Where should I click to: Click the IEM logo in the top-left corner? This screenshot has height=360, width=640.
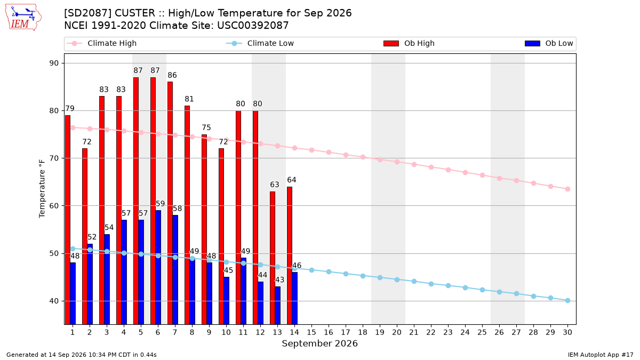coord(23,18)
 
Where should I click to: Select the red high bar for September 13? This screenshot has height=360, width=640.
coord(273,258)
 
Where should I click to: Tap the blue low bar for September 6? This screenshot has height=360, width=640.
coord(158,267)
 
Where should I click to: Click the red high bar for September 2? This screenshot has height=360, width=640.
coord(85,236)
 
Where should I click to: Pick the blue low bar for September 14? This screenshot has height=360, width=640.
coord(294,298)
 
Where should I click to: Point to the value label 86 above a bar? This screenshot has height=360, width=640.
coord(172,75)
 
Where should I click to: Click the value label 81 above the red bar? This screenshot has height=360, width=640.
coord(189,99)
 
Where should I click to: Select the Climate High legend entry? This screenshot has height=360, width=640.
coord(102,43)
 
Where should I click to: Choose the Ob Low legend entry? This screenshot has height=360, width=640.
coord(549,43)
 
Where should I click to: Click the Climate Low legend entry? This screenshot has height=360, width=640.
coord(260,43)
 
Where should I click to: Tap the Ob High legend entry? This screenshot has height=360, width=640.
coord(409,43)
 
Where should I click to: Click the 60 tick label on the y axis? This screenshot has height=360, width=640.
coord(54,206)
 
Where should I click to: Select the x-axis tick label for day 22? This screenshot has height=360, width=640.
coord(431,332)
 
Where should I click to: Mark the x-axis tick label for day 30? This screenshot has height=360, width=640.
coord(567,332)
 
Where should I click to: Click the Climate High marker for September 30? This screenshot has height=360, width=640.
coord(567,189)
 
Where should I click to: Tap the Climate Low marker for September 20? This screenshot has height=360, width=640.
coord(397,279)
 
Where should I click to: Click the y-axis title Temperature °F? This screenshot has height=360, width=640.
coord(42,189)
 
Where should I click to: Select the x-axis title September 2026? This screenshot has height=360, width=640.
coord(319,343)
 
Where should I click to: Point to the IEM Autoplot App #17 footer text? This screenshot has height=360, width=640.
coord(601,355)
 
